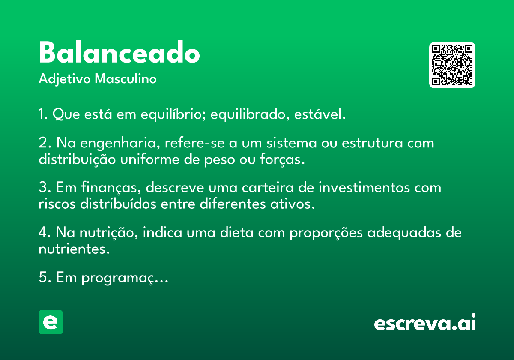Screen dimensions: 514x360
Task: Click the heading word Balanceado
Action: click(120, 52)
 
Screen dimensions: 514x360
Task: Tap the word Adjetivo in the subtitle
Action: click(65, 79)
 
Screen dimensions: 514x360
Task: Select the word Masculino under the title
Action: click(126, 78)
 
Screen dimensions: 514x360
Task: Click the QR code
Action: click(452, 65)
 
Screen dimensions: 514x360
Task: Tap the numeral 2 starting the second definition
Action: click(43, 143)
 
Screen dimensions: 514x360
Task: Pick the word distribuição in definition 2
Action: click(77, 159)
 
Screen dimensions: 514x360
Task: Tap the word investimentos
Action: click(364, 187)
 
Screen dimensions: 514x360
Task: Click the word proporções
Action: click(326, 233)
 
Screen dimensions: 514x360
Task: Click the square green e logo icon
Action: click(51, 322)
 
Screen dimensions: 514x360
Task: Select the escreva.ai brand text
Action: click(425, 322)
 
